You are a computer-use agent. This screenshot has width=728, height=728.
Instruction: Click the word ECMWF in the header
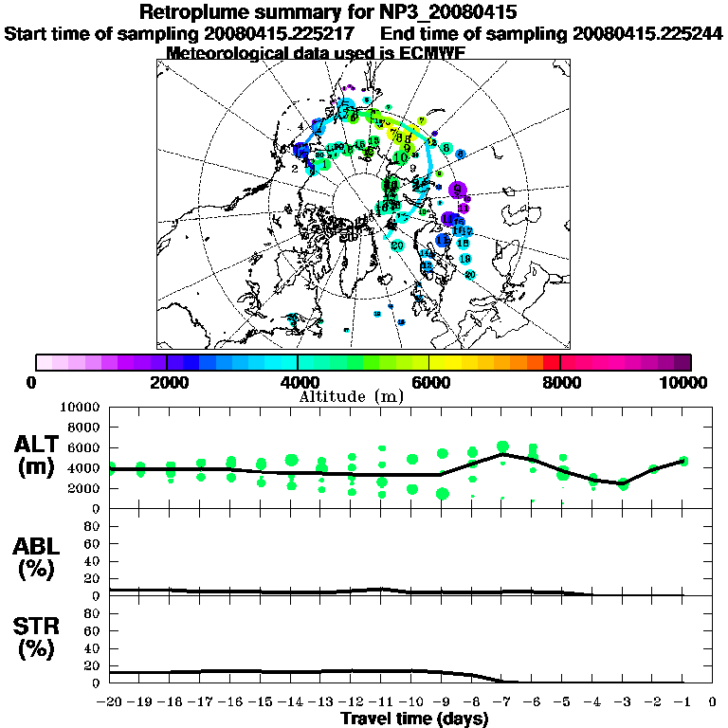426,53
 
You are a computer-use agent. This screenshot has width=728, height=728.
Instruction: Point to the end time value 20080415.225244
647,33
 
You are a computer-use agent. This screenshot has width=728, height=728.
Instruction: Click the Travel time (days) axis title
414,719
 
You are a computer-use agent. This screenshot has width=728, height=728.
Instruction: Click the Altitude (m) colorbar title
363,395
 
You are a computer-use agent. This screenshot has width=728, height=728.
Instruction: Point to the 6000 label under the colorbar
428,383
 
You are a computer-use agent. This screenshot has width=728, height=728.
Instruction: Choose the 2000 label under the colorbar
167,383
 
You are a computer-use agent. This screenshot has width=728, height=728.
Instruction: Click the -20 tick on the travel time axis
111,702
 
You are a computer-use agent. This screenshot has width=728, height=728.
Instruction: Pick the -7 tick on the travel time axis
501,702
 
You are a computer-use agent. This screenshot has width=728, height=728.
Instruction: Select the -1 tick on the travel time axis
682,702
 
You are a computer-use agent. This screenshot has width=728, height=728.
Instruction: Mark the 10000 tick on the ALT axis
80,407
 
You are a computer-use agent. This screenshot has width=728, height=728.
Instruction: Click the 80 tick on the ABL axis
94,524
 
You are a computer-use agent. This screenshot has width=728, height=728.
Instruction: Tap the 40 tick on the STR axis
94,647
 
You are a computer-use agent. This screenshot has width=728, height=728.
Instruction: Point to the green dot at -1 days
683,462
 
